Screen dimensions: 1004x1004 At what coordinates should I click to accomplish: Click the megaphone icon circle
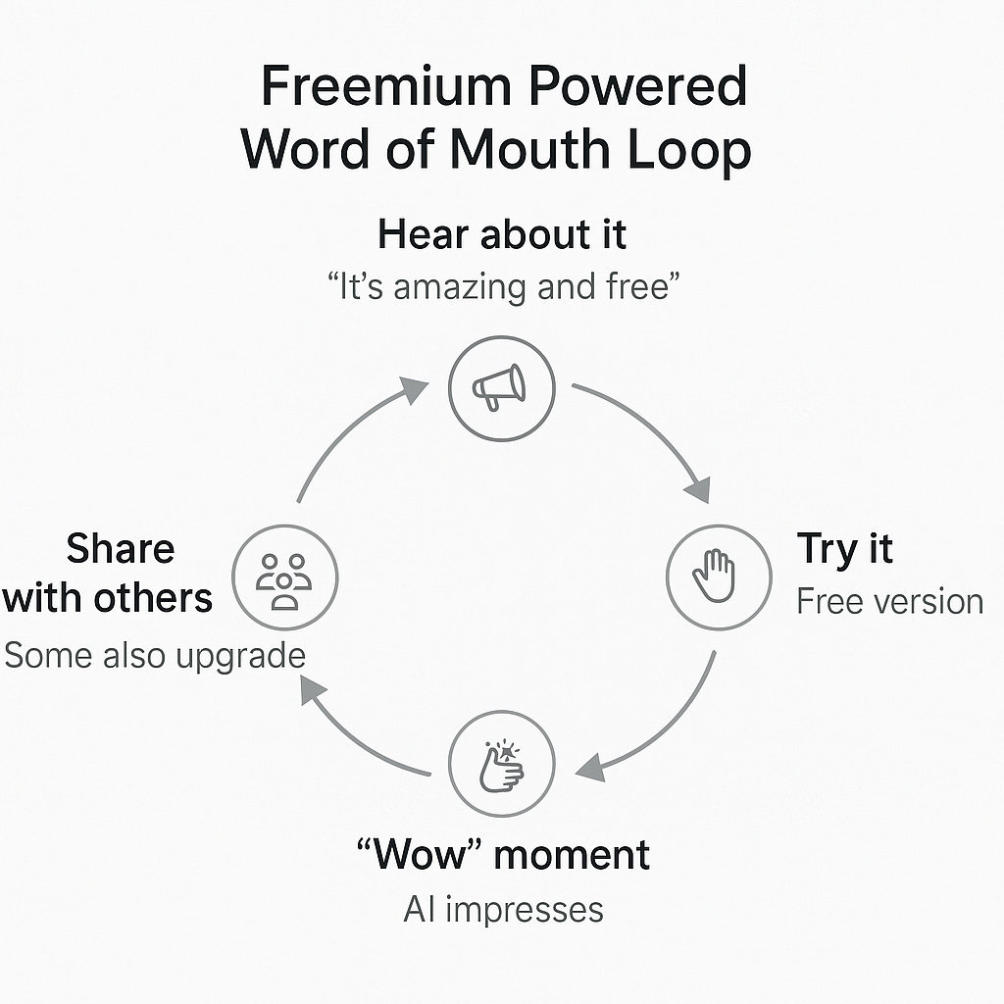(501, 389)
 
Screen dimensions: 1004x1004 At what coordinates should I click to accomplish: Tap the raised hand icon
(718, 576)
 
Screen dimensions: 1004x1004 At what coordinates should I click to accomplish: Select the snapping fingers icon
(501, 765)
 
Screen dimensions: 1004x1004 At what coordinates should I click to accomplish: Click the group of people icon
(284, 577)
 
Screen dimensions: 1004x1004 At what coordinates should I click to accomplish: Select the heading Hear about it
(502, 235)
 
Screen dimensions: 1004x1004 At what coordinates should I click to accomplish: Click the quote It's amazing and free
(502, 287)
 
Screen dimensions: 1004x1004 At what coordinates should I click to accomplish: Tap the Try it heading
(844, 549)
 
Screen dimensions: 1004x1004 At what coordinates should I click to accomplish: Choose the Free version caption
(889, 601)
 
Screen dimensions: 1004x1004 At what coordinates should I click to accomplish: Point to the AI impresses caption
(503, 909)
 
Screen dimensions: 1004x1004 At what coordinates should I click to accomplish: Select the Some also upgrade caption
(155, 655)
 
